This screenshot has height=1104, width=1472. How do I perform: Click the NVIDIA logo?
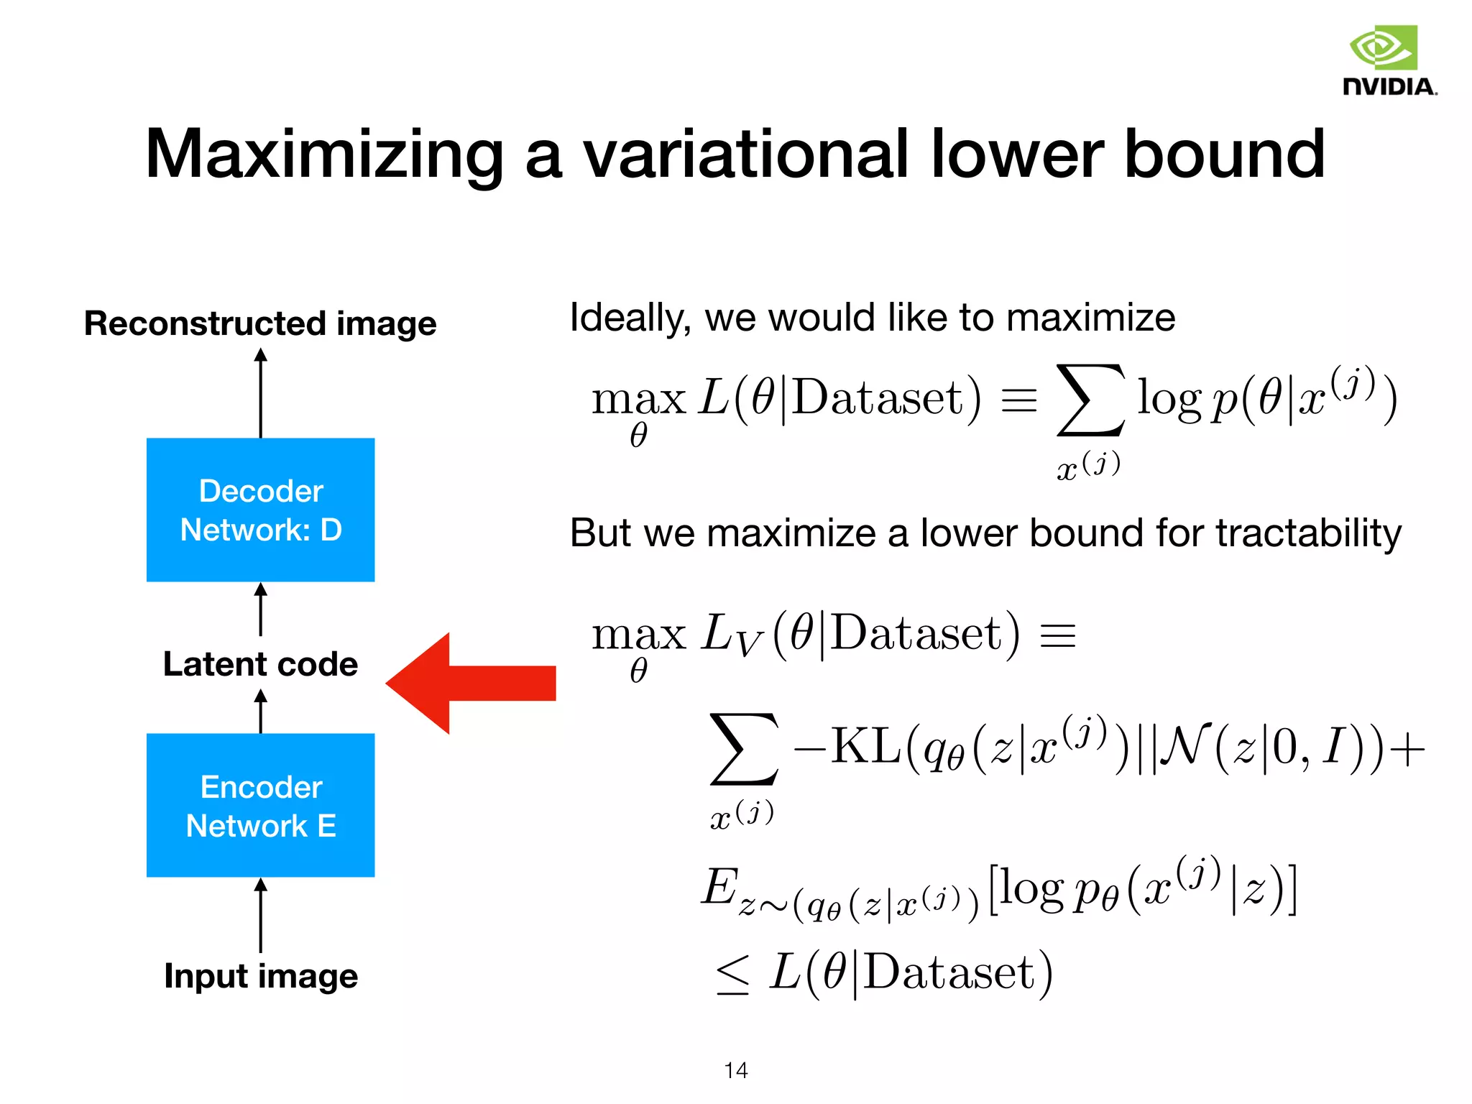(1389, 60)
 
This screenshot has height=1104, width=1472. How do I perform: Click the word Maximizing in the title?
(324, 154)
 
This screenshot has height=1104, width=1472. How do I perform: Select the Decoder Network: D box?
(260, 510)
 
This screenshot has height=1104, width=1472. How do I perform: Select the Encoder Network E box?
(260, 805)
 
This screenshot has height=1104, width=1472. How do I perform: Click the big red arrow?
(470, 683)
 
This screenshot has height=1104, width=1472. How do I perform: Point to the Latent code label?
(260, 664)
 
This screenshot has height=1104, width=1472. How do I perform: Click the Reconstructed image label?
(260, 323)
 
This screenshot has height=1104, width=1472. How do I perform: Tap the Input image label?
(260, 976)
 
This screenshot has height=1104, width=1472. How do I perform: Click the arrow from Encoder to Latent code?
(260, 712)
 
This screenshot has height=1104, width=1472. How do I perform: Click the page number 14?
(736, 1070)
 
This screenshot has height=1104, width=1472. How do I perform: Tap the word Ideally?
(630, 318)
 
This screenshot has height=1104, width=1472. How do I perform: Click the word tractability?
(1308, 533)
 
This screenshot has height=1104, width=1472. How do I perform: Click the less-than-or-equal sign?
(733, 975)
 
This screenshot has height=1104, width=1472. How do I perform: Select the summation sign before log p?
(1090, 400)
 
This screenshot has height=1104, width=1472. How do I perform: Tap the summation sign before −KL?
(743, 749)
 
